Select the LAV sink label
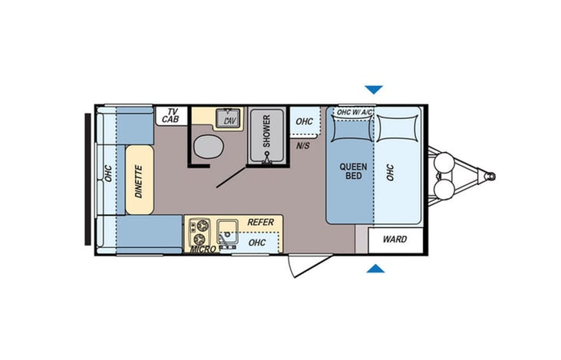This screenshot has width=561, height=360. [229, 121]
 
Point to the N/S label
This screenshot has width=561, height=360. [302, 147]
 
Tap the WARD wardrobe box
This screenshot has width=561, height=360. [394, 239]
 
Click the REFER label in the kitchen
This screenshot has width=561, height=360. [260, 222]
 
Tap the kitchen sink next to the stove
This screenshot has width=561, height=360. [228, 230]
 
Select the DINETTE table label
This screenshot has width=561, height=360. [140, 180]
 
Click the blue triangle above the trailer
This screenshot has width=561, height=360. [374, 89]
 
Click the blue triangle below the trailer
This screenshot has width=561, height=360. [375, 269]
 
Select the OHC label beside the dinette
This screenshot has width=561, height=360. [108, 174]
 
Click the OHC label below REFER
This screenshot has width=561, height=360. [258, 243]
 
